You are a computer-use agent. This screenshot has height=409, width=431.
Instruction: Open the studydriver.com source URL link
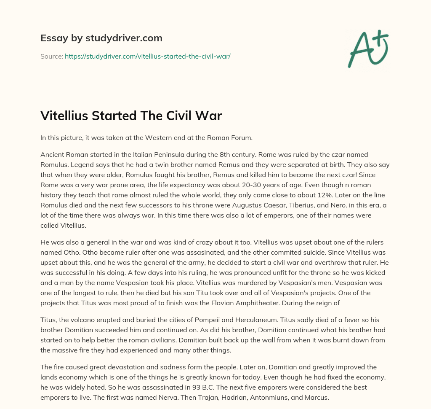147,56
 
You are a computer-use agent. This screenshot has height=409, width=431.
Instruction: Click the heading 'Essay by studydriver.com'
101,38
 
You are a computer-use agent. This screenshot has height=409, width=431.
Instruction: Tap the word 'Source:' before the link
51,56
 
